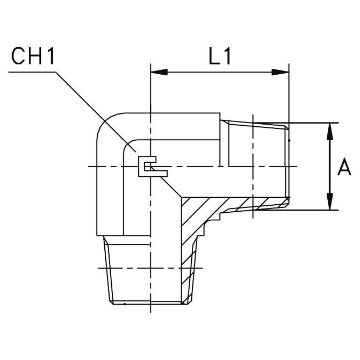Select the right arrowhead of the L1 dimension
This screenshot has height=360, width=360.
pyautogui.click(x=280, y=72)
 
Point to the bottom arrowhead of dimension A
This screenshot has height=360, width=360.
pyautogui.click(x=329, y=202)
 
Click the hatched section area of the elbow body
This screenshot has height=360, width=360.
pyautogui.click(x=201, y=212)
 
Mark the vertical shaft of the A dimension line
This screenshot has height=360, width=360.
pyautogui.click(x=329, y=167)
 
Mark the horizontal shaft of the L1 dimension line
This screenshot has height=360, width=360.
pyautogui.click(x=220, y=72)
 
